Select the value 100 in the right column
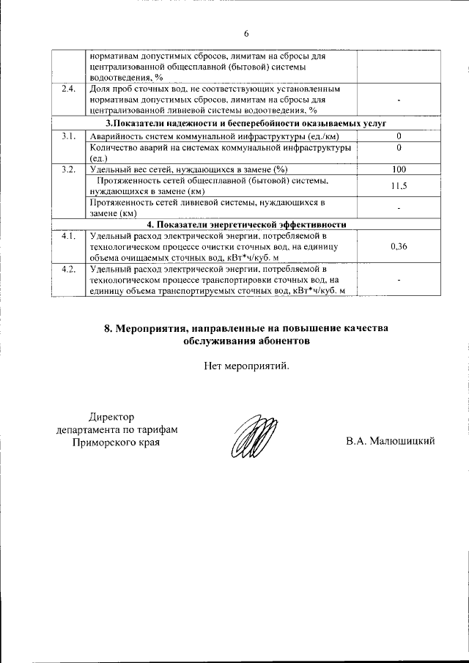399,169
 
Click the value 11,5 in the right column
399,185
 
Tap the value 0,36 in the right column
399,246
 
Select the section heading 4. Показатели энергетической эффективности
246,224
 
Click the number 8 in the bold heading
107,329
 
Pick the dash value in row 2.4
399,100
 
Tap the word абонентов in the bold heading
282,341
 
